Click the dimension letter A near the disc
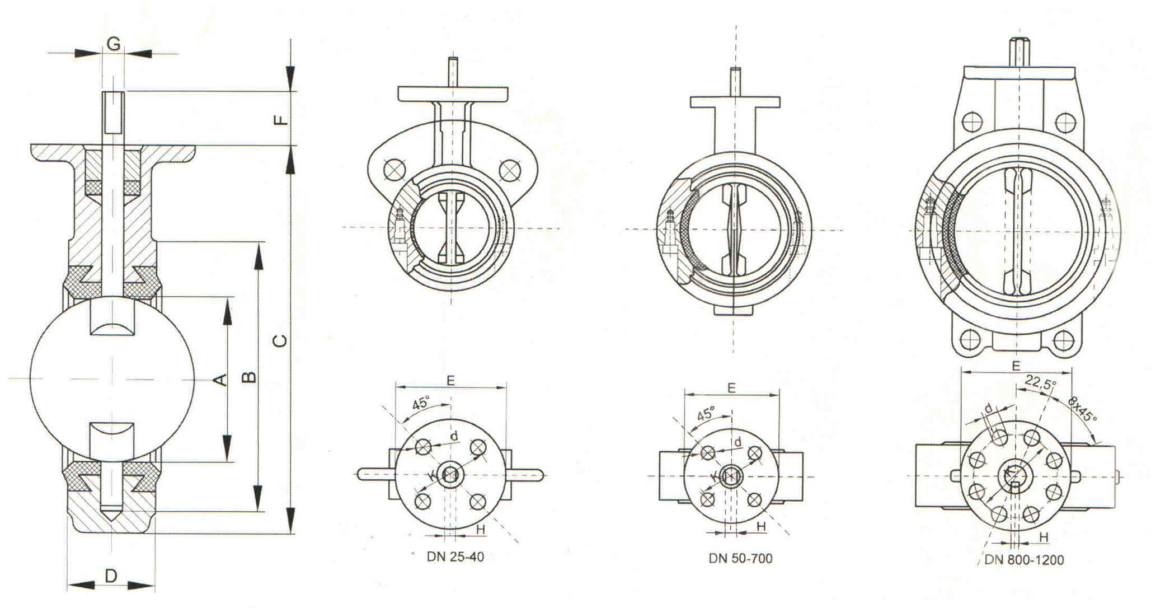[x=221, y=380]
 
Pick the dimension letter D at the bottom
[x=111, y=576]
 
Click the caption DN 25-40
[x=455, y=557]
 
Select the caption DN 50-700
[x=740, y=558]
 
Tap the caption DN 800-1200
[x=1025, y=560]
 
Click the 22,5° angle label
[x=1040, y=383]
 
